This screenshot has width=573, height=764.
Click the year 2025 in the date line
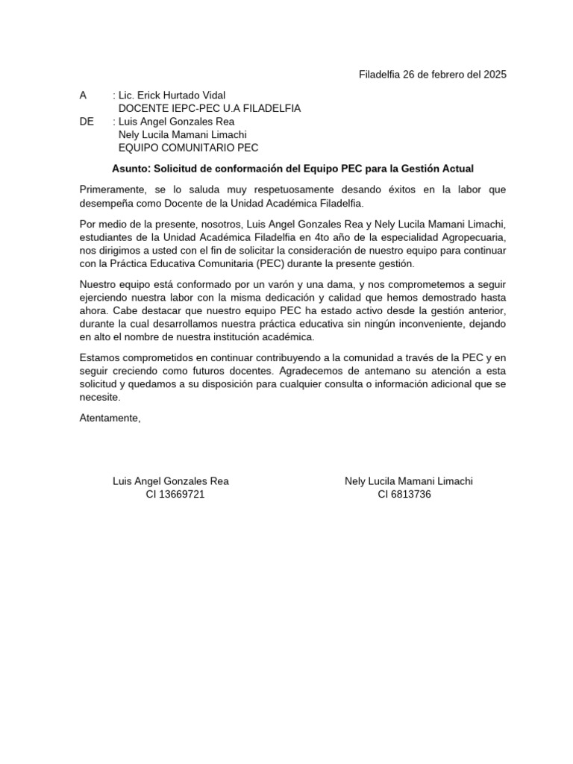(494, 75)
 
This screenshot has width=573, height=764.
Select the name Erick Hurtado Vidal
(182, 95)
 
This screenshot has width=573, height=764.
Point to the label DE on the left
(87, 121)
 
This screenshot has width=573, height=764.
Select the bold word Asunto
(131, 169)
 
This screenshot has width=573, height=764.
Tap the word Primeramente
(112, 190)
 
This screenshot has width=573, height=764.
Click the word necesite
(99, 398)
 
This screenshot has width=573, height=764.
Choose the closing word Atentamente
(110, 418)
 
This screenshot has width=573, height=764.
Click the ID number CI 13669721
(175, 494)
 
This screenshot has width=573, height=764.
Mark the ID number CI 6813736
(404, 494)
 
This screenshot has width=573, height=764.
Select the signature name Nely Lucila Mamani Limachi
(408, 481)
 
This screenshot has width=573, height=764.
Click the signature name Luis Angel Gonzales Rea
(170, 481)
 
